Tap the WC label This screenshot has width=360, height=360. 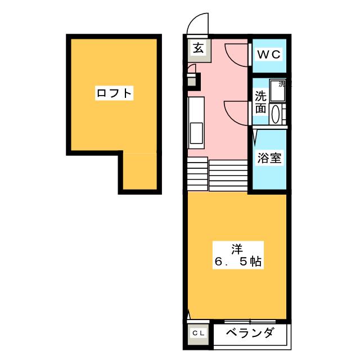(x=268, y=55)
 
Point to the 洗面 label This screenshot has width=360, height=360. (x=260, y=102)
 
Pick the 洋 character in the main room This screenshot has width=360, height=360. (x=236, y=247)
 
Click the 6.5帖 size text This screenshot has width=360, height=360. (x=236, y=262)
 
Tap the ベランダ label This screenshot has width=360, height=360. (x=251, y=333)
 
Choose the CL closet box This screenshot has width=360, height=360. (x=199, y=334)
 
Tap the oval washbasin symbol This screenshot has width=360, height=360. (x=276, y=115)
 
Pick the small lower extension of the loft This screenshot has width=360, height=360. (x=138, y=172)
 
